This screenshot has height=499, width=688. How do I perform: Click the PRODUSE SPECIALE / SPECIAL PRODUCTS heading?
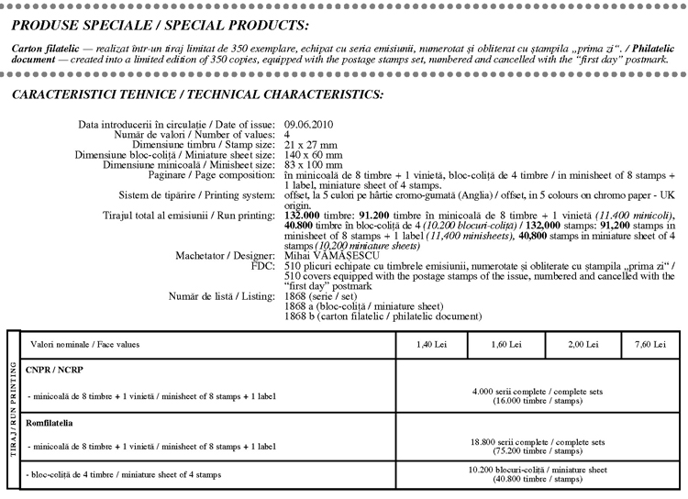click(161, 24)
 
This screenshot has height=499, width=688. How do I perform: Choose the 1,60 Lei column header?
click(505, 344)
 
